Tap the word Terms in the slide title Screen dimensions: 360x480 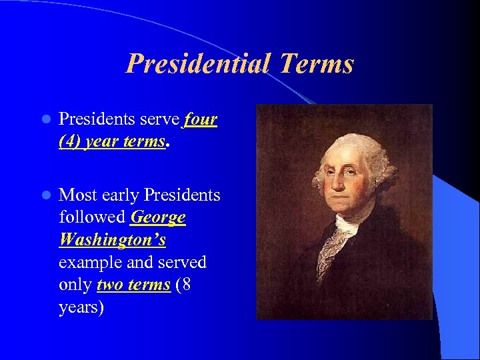pyautogui.click(x=317, y=64)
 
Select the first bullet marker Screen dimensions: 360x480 pyautogui.click(x=45, y=120)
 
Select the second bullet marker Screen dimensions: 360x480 pyautogui.click(x=45, y=195)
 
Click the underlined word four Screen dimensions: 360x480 pyautogui.click(x=200, y=119)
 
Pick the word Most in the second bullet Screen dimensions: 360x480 pyautogui.click(x=79, y=195)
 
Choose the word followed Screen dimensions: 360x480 pyautogui.click(x=92, y=217)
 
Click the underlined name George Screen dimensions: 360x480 pyautogui.click(x=159, y=217)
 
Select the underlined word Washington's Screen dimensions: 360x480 pyautogui.click(x=113, y=239)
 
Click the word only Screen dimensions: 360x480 pyautogui.click(x=75, y=285)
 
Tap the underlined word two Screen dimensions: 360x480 pyautogui.click(x=109, y=285)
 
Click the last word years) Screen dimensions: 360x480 pyautogui.click(x=81, y=307)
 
